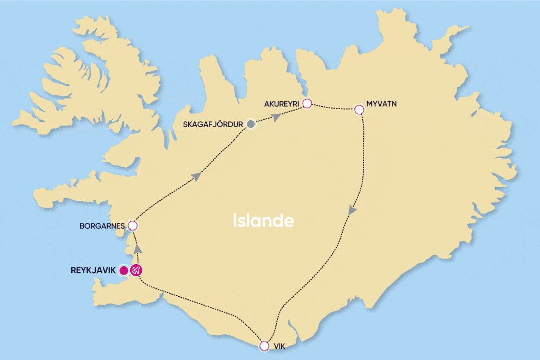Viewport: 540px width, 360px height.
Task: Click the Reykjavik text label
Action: pos(93,270)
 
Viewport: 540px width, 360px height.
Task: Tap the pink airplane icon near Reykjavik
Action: pos(137,270)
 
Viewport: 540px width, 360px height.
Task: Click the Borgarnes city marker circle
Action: pos(133,226)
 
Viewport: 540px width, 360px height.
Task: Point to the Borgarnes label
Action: pos(102,226)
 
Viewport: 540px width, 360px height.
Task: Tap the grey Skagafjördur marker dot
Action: pos(251,124)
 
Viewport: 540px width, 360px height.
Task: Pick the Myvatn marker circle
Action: pos(359,110)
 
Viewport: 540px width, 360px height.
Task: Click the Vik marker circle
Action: pos(264,346)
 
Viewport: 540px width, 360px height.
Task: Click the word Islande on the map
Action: pos(263,221)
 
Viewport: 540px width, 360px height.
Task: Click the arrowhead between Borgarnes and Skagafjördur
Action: pos(197,177)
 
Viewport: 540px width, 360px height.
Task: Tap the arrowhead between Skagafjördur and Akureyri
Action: pos(275,117)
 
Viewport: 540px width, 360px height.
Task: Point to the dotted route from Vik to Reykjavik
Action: pos(206,304)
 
